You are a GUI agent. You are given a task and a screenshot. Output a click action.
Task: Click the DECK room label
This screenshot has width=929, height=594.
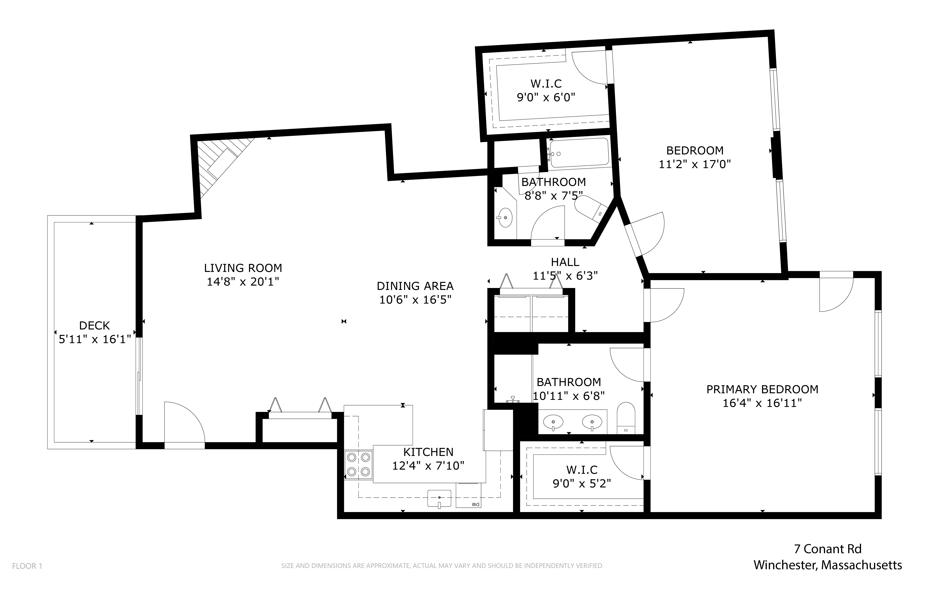pos(94,326)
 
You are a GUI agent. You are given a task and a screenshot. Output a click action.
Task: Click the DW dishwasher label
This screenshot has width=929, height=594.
pos(475,505)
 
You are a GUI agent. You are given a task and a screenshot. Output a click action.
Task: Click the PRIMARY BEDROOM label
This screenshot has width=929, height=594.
pos(762,389)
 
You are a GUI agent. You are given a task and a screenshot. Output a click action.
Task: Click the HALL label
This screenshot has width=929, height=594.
pos(565,262)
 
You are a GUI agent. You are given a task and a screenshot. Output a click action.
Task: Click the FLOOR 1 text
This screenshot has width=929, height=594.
pos(27,566)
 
